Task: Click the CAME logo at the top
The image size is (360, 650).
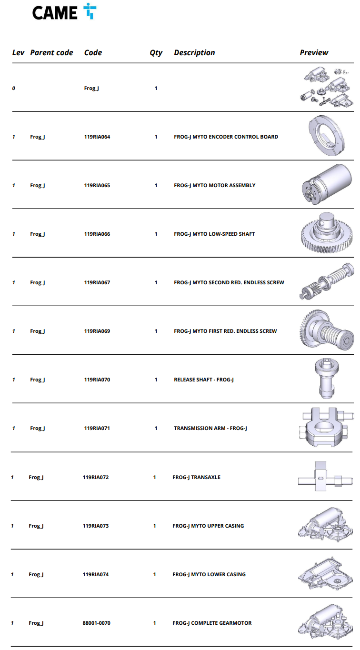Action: pos(64,12)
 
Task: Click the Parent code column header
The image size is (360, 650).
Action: pos(51,52)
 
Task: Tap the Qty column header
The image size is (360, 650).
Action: pos(156,53)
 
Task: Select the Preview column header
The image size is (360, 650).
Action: pos(314,52)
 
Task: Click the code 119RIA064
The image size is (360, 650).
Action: pos(97,137)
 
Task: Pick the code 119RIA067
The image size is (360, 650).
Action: pos(97,282)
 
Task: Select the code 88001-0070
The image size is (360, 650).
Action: pos(96,623)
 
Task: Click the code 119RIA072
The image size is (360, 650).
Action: pos(96,477)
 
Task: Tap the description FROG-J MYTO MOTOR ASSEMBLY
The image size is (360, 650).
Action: pos(215,185)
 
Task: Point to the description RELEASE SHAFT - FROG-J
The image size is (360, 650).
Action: pos(204,380)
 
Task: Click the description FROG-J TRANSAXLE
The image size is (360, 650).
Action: pos(196,477)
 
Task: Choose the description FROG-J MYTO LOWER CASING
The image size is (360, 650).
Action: pos(209,574)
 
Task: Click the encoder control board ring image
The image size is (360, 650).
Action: pos(327,136)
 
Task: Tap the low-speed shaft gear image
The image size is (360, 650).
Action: pos(327,233)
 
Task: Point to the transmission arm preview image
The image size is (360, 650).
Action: pos(326,427)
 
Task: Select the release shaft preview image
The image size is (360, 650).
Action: pos(327,379)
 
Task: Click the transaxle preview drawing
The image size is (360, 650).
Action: pos(325,476)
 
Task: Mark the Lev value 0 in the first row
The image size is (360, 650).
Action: pos(14,88)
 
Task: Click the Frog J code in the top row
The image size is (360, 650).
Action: pos(91,88)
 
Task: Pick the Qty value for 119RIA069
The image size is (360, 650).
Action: pos(156,331)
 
